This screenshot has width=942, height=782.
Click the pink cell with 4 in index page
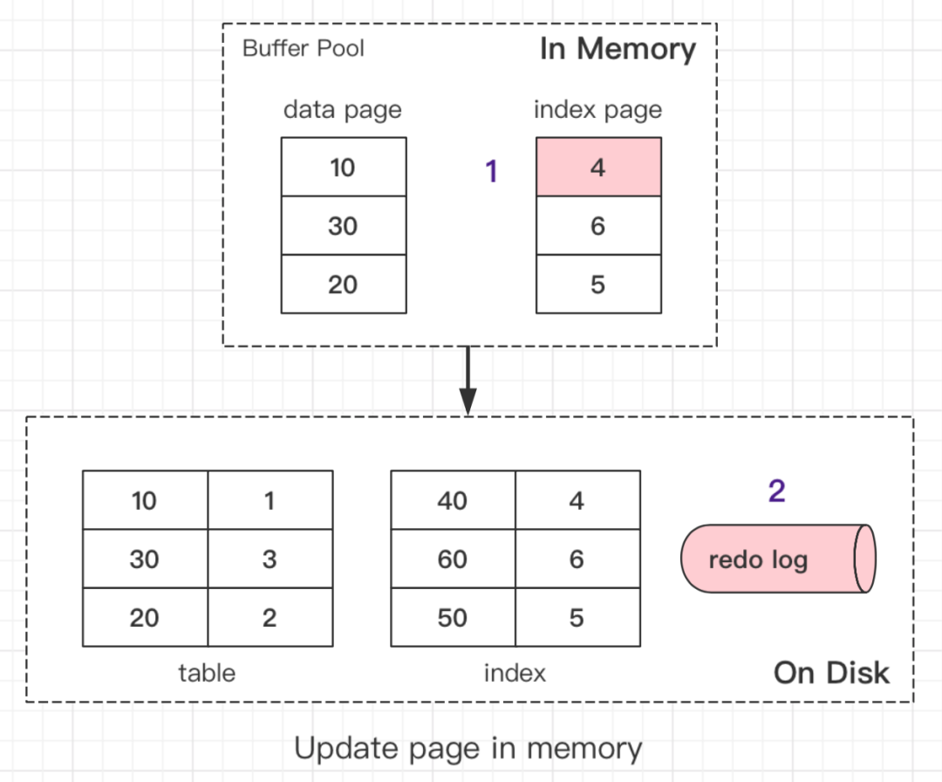597,167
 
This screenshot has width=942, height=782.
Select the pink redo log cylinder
776,559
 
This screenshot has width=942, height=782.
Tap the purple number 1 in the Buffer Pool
491,172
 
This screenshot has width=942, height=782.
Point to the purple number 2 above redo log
776,491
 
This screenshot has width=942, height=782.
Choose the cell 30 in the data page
343,226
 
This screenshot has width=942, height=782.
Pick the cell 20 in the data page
343,285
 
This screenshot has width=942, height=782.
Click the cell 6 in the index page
597,226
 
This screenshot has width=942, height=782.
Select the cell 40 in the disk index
453,501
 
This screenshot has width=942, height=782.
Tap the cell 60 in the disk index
453,559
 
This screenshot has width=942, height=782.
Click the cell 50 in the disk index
453,617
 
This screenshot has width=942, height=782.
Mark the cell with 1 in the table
270,501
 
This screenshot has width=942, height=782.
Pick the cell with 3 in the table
270,559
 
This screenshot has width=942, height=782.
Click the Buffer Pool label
303,47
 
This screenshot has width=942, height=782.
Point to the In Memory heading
618,49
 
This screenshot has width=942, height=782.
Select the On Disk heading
831,673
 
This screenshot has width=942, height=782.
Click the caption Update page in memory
468,748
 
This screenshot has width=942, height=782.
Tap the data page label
343,110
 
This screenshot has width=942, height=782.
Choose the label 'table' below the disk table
207,673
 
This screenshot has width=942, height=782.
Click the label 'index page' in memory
597,110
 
